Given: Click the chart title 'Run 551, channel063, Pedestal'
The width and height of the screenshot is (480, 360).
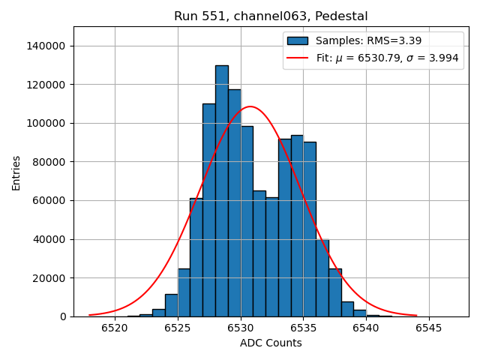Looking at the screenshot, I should pos(271,16).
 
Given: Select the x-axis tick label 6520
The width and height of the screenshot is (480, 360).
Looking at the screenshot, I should pos(115,328).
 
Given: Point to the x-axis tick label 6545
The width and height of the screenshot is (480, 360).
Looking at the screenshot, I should pos(429,328).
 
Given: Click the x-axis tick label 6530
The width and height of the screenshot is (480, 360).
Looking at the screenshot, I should pos(241,328).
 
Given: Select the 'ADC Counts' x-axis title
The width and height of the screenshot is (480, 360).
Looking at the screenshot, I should pos(271,343).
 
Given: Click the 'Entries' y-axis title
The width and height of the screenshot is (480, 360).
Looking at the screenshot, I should pos(16,172).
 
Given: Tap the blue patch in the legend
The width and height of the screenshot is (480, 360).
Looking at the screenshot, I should pos(297,40).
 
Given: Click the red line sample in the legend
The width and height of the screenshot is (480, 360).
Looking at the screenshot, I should pos(297,58).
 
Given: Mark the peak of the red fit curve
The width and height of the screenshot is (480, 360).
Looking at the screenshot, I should pos(250,106).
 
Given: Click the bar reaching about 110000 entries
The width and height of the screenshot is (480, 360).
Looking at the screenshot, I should pos(209,210).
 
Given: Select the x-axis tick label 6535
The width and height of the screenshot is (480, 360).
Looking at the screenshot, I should pos(304,328).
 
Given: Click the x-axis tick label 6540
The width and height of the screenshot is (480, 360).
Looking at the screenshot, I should pos(366,328).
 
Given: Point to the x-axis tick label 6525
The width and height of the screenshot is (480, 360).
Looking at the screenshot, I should pos(178,328).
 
